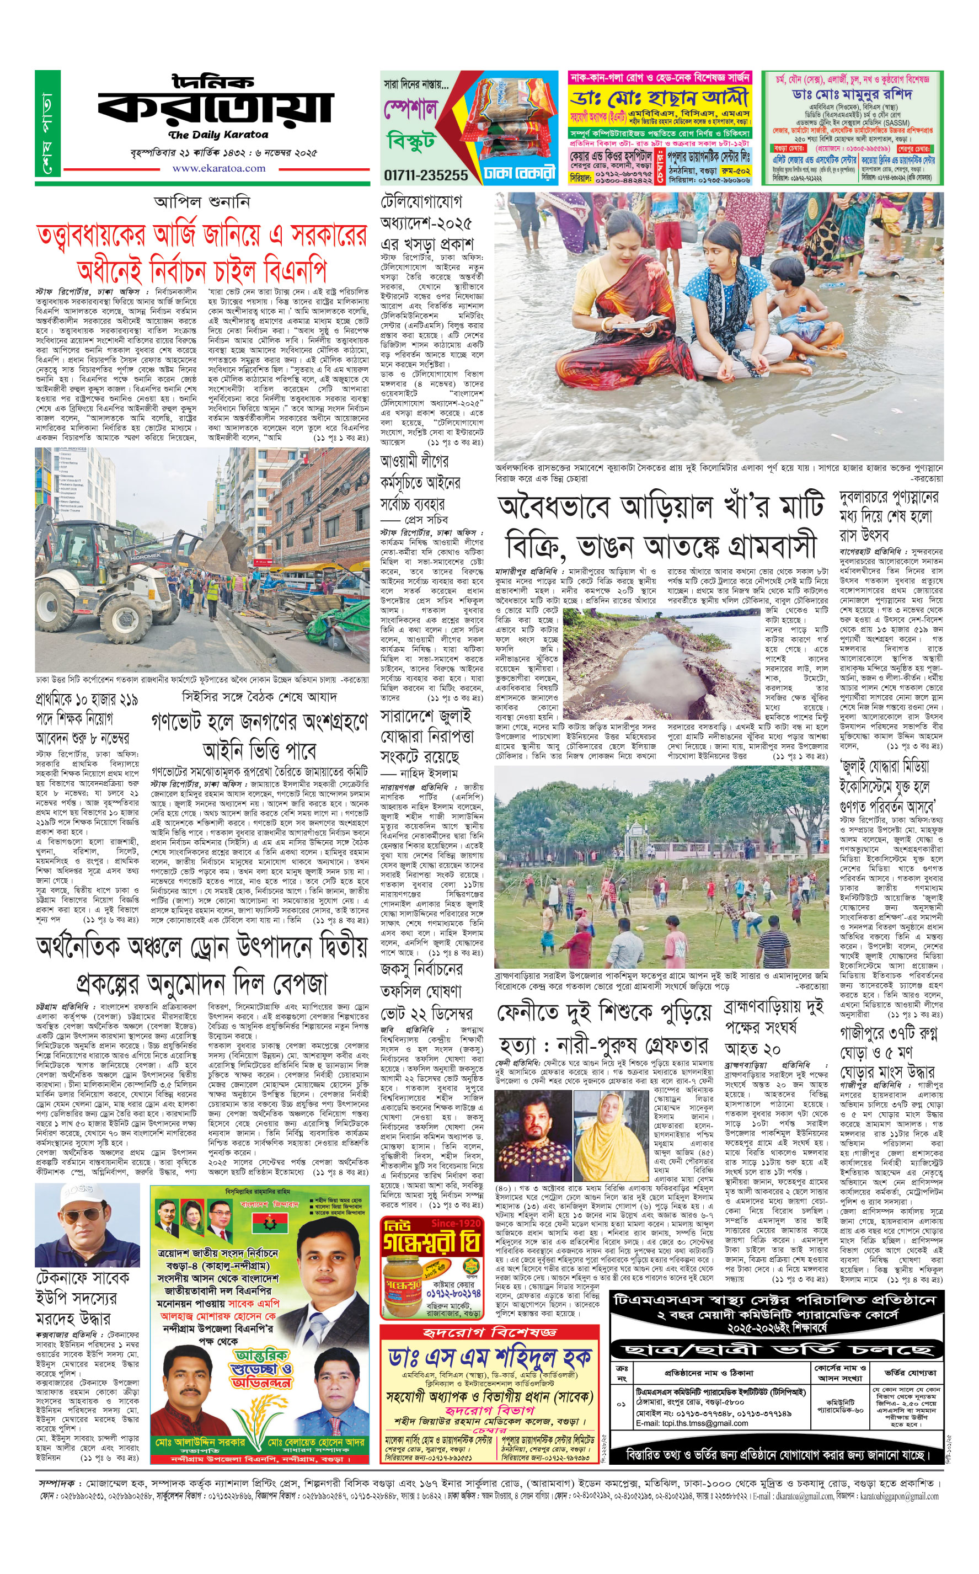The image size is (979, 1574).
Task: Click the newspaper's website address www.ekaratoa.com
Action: (x=218, y=168)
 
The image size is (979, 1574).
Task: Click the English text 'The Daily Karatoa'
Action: (x=218, y=135)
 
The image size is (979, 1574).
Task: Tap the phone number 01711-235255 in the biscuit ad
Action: (x=425, y=175)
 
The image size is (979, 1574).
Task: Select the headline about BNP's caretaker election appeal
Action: (x=201, y=251)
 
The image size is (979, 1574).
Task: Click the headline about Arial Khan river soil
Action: (x=660, y=525)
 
